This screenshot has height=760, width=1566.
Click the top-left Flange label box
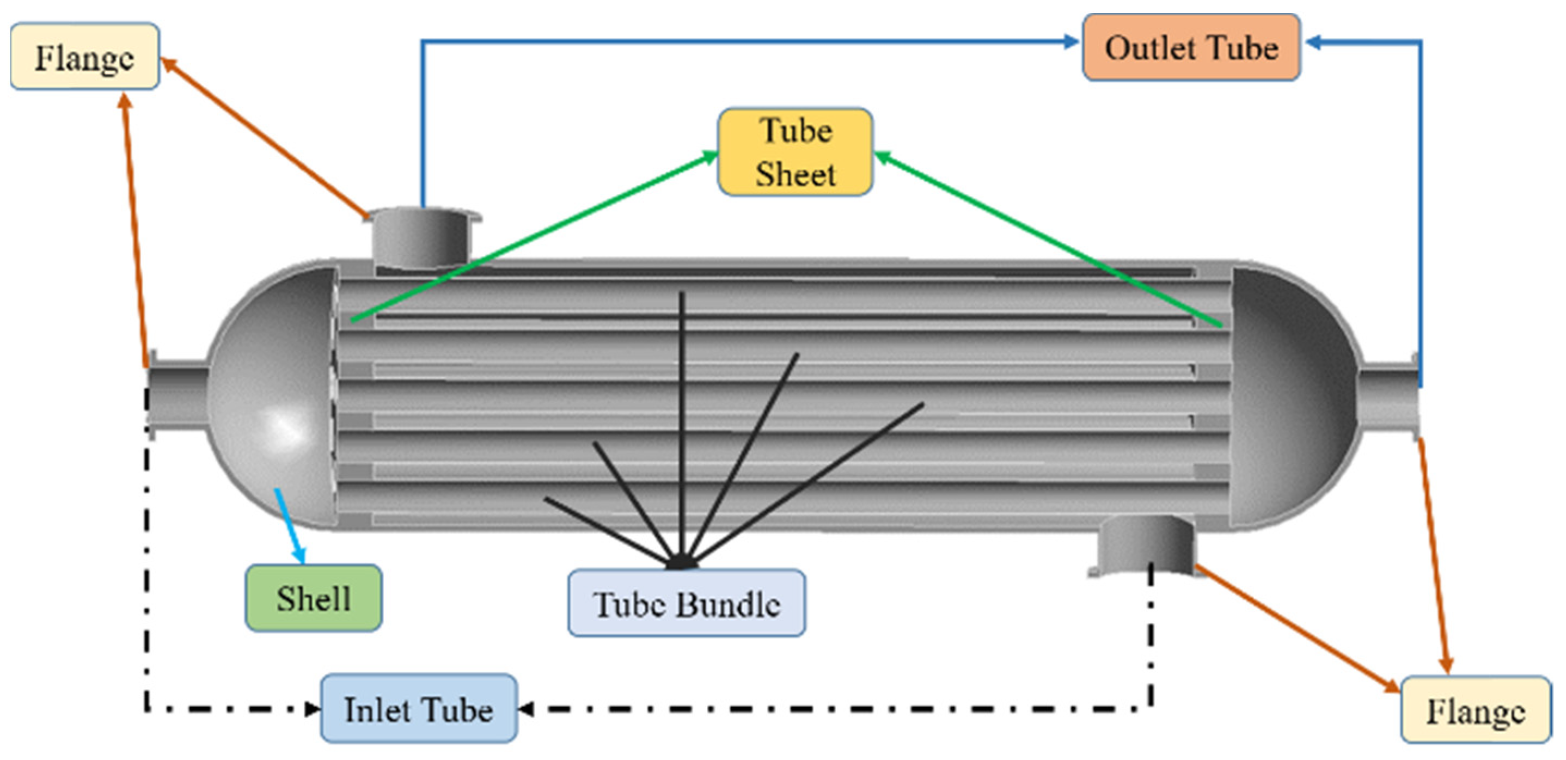click(85, 57)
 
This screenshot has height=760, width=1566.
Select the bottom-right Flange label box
click(1476, 709)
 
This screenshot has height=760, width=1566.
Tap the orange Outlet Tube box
click(1191, 47)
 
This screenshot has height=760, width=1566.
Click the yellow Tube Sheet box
click(795, 152)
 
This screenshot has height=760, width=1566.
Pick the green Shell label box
click(314, 598)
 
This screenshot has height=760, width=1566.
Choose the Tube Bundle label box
click(686, 604)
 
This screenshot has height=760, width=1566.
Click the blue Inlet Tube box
click(419, 708)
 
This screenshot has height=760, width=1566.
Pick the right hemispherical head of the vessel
click(1289, 395)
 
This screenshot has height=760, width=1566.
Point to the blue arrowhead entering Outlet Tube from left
click(1071, 41)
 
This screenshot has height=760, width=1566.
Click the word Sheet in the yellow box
click(795, 175)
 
